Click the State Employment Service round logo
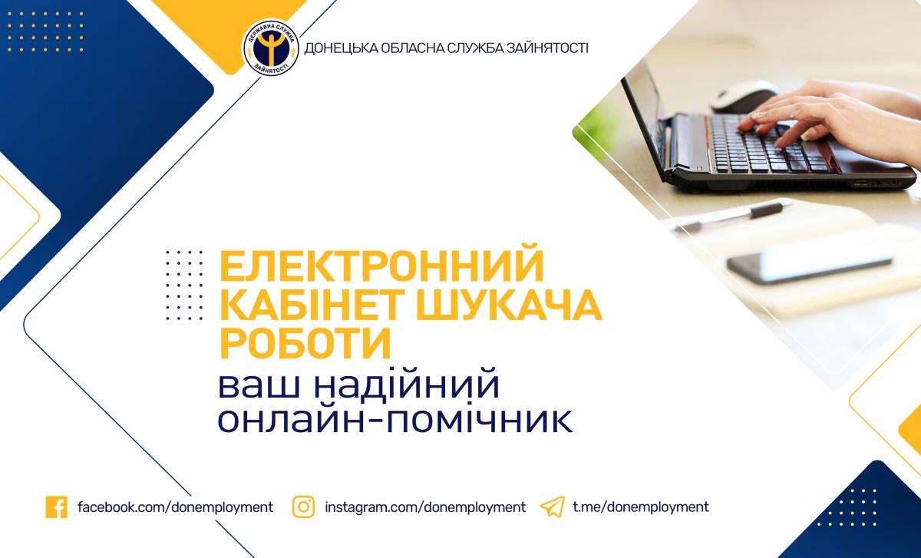pos(270,48)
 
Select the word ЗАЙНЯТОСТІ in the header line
pos(547,48)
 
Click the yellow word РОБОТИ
pos(305,344)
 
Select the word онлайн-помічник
pos(395,418)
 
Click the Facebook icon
pos(57,507)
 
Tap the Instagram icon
pos(303,507)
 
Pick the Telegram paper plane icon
pos(552,507)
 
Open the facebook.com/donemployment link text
pos(176,507)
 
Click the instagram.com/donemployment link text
pos(425,507)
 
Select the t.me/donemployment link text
pos(641,507)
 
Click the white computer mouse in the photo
pos(744,96)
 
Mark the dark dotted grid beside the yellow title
pos(185,285)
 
